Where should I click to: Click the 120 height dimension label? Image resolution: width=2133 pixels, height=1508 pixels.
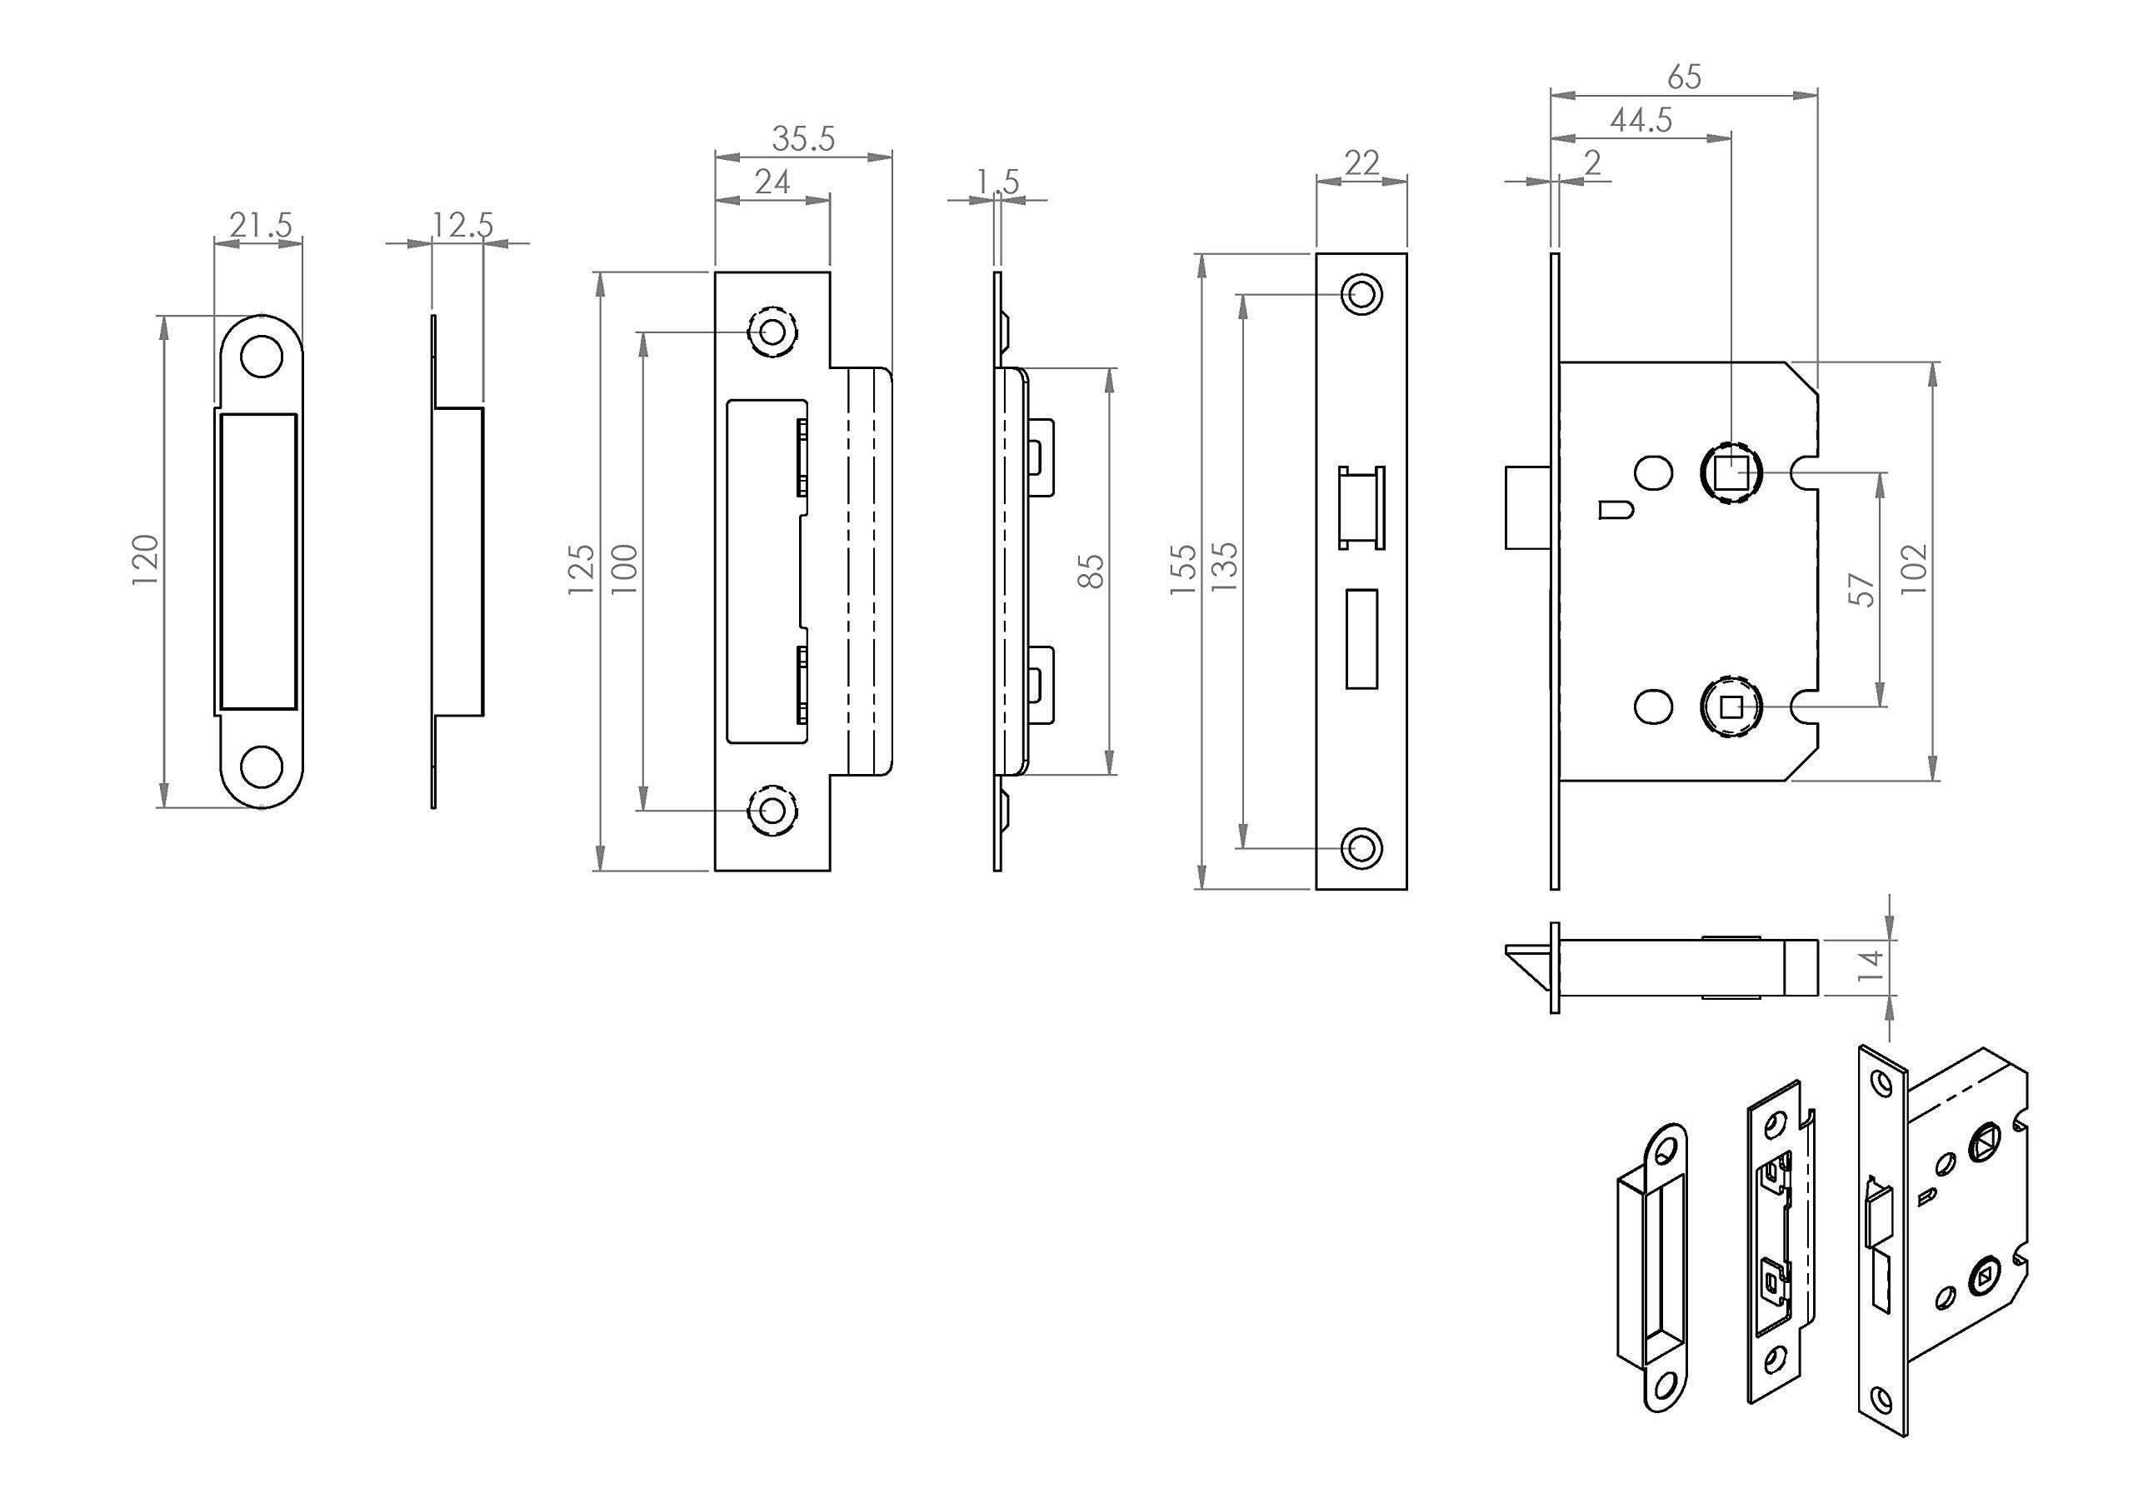146,559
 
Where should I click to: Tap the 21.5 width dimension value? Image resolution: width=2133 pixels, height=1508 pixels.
260,225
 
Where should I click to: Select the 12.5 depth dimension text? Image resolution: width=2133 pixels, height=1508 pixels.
462,225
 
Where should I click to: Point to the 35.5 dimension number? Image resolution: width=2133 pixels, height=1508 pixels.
803,139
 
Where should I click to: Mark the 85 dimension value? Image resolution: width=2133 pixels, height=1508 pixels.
1093,571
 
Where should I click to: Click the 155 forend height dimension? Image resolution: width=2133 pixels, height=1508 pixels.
1183,569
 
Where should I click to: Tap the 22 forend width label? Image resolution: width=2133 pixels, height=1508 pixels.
1362,163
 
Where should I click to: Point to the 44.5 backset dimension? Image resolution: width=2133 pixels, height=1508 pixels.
1641,121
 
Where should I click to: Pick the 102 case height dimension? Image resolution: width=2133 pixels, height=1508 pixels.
1914,569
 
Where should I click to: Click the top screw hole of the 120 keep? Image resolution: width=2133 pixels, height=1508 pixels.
261,357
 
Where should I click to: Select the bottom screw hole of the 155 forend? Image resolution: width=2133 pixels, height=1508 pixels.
1362,847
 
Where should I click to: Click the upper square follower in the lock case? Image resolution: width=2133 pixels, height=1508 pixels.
1729,475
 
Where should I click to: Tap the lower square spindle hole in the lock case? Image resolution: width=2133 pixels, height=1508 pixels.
1729,708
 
